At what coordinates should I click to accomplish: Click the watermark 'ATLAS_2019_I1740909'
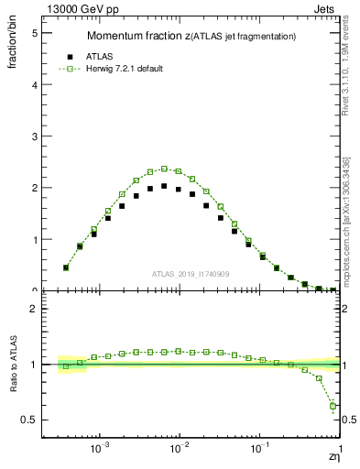click(x=190, y=273)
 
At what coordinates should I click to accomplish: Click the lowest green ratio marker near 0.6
click(x=333, y=406)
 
